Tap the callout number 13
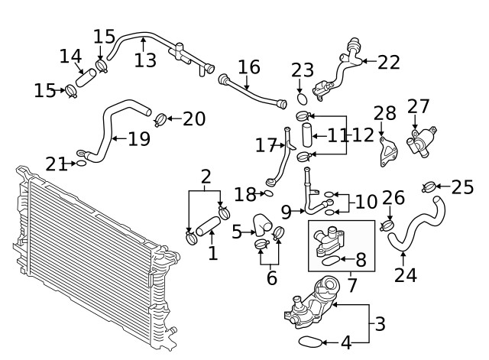145,59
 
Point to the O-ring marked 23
303,99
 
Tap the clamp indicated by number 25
429,186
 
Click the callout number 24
406,274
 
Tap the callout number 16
248,67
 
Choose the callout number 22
387,62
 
